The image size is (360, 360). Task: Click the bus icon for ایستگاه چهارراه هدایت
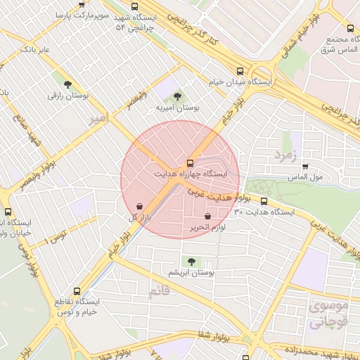tap(189, 162)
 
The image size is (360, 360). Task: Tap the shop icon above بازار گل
tap(139, 206)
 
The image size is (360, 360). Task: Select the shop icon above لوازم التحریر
tap(207, 217)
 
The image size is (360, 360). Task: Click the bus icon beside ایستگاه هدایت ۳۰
tap(264, 202)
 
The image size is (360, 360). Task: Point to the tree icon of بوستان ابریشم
tap(189, 262)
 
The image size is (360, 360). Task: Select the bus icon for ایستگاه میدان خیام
tap(240, 72)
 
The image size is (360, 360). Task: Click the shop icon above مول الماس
tap(304, 167)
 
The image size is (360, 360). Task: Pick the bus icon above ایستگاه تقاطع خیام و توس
tap(77, 291)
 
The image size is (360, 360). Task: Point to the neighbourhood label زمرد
tap(287, 153)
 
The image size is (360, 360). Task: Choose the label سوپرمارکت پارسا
tap(81, 13)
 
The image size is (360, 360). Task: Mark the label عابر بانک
tap(36, 49)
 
